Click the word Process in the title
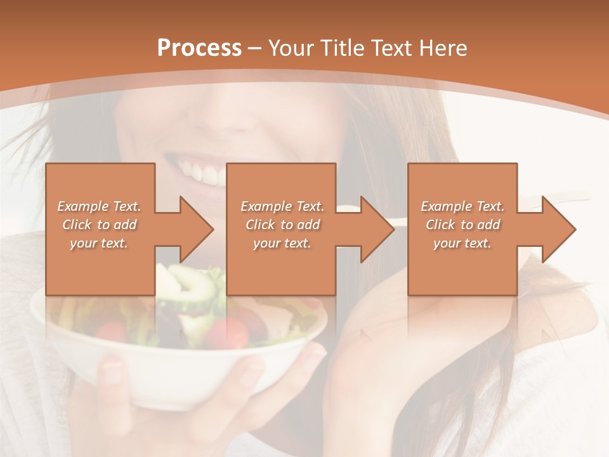coord(199,48)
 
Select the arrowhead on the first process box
coord(197,229)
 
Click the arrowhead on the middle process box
coord(377,229)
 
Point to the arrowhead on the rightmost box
coord(559,229)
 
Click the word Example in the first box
coord(82,206)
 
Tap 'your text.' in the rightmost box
coord(462,243)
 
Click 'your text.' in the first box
coord(99,243)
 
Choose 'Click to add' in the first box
coord(99,225)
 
